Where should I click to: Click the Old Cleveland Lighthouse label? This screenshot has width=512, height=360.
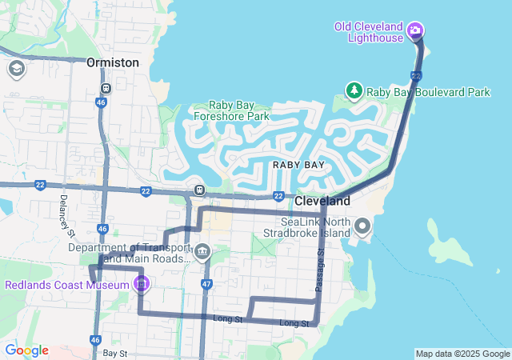(x=368, y=32)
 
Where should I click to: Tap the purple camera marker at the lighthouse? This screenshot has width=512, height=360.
(x=415, y=32)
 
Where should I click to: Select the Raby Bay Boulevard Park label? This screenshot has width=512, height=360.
(x=428, y=92)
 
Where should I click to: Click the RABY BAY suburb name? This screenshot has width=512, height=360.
(x=298, y=164)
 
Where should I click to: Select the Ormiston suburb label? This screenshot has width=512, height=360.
(x=113, y=62)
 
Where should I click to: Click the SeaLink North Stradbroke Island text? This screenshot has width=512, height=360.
(x=315, y=227)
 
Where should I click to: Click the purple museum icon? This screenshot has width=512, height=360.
(x=142, y=283)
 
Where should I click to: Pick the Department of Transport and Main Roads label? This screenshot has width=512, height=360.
(x=130, y=253)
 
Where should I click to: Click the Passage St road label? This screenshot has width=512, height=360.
(x=319, y=269)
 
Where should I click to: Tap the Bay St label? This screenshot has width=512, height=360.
(x=114, y=353)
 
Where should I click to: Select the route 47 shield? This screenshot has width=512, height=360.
(x=206, y=284)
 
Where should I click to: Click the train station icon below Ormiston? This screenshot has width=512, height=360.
(x=106, y=88)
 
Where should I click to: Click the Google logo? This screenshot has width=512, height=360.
(x=26, y=350)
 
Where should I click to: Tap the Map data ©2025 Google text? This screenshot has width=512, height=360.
(x=462, y=354)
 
